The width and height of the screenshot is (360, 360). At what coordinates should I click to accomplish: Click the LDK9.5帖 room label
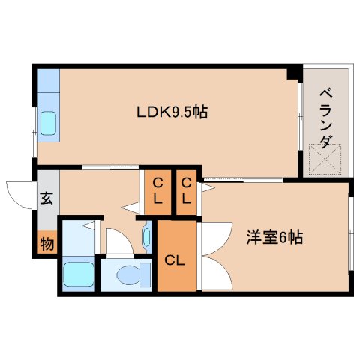172,113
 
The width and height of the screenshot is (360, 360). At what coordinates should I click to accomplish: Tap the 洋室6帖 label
275,238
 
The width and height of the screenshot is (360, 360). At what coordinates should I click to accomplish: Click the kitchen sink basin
48,121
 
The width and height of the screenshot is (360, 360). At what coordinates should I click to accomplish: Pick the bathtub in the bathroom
77,274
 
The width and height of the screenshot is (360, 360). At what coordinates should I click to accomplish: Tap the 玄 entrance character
46,199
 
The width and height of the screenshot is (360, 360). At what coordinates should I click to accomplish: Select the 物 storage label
46,243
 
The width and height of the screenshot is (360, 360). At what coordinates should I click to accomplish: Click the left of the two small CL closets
157,193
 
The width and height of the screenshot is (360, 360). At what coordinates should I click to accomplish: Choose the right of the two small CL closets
187,193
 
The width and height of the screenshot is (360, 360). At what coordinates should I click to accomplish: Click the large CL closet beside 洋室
177,260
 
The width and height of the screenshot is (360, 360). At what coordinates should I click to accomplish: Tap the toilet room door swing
117,241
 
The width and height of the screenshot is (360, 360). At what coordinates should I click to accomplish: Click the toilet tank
108,275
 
